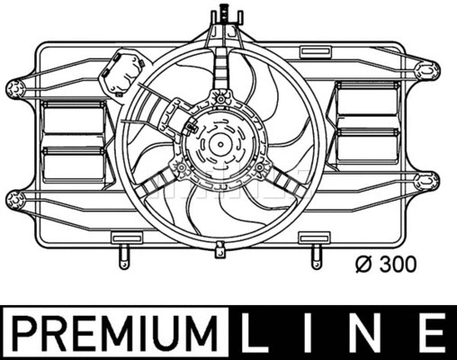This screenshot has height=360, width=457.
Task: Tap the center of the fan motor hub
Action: (x=219, y=144)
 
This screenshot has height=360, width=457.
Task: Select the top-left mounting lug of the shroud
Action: (x=15, y=87)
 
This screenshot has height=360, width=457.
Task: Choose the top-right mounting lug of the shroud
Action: (x=430, y=68)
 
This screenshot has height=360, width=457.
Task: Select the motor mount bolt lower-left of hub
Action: (x=179, y=168)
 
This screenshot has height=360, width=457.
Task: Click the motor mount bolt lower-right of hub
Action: (x=260, y=167)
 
